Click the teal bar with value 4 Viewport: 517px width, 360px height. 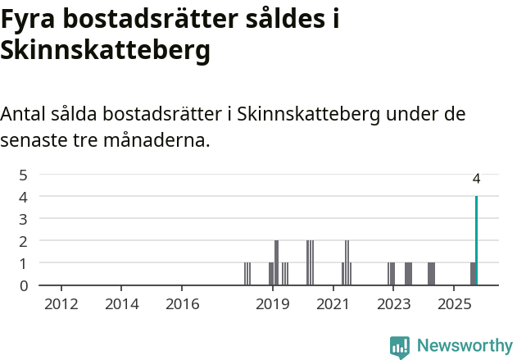pos(476,241)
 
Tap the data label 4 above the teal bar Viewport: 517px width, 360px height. pos(476,179)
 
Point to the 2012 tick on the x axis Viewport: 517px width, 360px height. pos(61,304)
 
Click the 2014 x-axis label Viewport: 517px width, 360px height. pos(122,304)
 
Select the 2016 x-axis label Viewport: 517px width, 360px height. pos(183,304)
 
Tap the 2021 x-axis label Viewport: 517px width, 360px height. pos(333,304)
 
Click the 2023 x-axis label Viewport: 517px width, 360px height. pos(393,304)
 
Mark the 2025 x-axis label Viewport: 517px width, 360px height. pos(453,304)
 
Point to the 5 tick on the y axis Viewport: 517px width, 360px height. pos(24,175)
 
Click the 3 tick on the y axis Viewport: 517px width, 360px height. pos(24,219)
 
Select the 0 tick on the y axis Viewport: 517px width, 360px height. pos(24,285)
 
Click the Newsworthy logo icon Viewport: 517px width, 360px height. pos(400,347)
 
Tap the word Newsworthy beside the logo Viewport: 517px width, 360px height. pos(465,346)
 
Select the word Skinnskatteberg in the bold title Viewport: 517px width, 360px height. pos(106,51)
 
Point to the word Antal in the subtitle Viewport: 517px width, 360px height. pos(25,114)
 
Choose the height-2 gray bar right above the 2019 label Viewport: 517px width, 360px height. pos(276,262)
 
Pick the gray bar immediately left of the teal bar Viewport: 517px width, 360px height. pos(472,274)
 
